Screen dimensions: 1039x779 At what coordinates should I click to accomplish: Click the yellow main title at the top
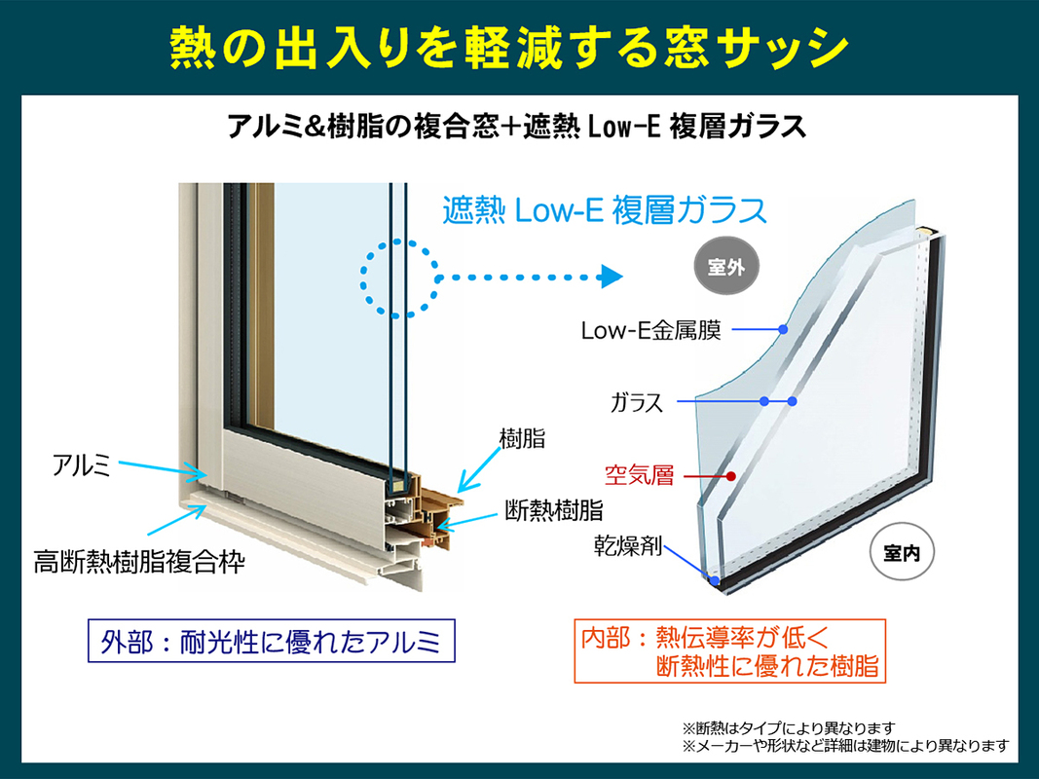click(509, 49)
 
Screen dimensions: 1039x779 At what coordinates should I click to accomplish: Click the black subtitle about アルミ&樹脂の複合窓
click(516, 126)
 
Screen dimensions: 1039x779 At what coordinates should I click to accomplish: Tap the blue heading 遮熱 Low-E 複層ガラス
click(605, 210)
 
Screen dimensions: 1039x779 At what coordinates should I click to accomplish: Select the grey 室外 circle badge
click(726, 267)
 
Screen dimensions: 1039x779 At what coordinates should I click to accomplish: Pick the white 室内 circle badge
click(901, 552)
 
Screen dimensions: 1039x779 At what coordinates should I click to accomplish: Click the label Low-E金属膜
click(650, 330)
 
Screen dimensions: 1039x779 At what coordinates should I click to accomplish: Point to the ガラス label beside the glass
click(636, 402)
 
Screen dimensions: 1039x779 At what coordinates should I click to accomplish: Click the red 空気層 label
click(639, 475)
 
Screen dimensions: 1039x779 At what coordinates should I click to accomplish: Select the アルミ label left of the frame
click(81, 465)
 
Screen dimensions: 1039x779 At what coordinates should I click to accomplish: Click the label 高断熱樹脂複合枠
click(139, 562)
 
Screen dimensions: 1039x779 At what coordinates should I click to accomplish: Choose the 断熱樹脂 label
click(554, 510)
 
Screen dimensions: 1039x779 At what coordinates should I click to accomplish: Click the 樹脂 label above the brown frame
click(522, 438)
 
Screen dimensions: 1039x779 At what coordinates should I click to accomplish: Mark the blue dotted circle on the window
click(362, 278)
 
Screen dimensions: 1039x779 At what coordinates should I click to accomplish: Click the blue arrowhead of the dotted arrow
click(611, 277)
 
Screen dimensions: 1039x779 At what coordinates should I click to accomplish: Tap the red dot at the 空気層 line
click(731, 475)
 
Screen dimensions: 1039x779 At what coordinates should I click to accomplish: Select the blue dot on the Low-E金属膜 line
click(783, 329)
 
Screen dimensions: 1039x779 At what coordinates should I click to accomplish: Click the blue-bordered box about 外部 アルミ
click(272, 641)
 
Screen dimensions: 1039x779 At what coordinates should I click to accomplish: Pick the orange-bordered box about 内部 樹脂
click(730, 650)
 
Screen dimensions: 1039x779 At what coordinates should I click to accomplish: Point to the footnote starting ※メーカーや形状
click(846, 746)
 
